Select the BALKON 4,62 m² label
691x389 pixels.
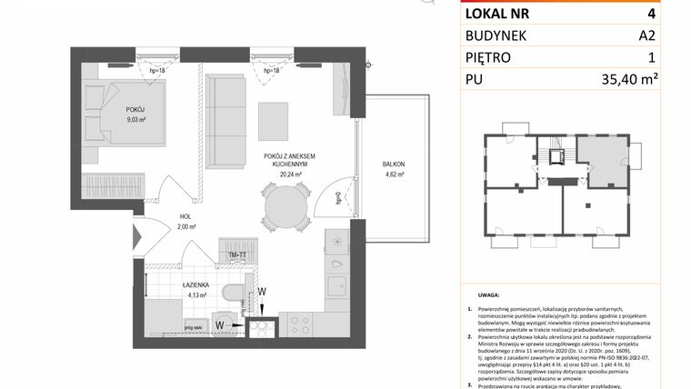click(393, 169)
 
